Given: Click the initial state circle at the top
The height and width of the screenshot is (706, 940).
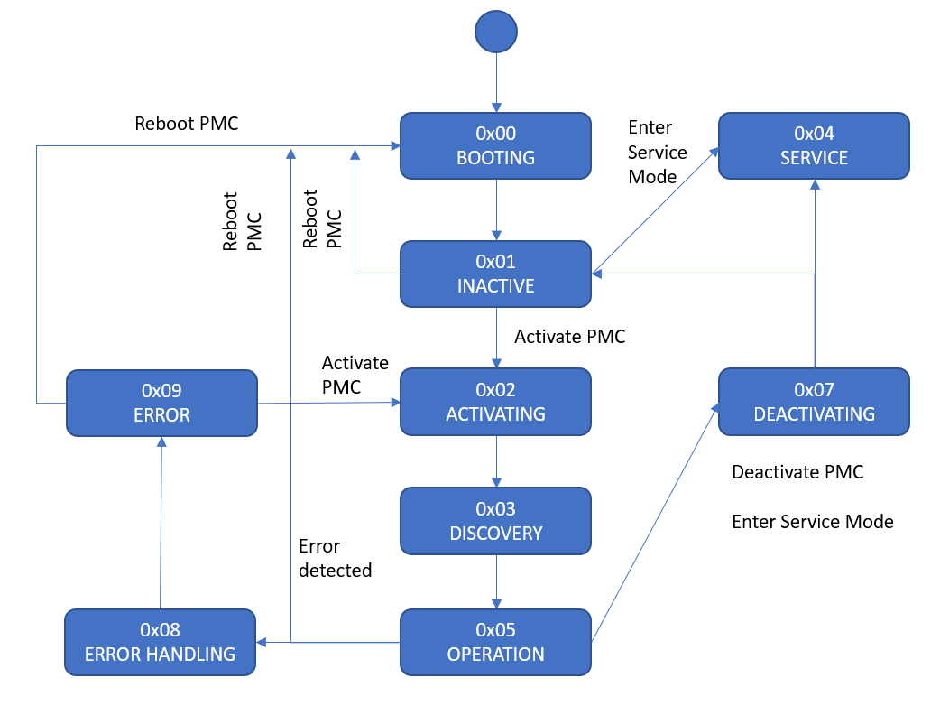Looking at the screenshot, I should point(495,31).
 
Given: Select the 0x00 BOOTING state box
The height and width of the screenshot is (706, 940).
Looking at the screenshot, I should point(495,145).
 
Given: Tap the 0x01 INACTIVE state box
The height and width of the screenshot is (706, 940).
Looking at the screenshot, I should point(495,274).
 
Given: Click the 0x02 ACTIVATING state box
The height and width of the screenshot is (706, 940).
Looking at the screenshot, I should point(495,402).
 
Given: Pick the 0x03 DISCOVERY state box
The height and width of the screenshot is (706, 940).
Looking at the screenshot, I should point(495,521).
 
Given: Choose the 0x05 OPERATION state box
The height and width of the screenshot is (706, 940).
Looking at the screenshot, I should point(495,642).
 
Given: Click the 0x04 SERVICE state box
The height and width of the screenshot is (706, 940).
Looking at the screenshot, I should point(814,145).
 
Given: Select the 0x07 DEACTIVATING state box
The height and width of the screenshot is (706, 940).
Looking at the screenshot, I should point(814,402).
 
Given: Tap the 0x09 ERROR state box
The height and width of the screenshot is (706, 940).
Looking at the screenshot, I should point(161,403).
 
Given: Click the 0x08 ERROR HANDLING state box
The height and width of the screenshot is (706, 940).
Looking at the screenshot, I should point(160,642).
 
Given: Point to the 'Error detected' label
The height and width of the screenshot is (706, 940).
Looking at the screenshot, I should point(335,558).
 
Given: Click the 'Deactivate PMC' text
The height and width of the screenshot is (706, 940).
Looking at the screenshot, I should point(797,472).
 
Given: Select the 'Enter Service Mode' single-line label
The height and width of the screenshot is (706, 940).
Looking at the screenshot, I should point(812,522).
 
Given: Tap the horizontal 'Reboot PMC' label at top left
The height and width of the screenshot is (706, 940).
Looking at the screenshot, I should point(187,124).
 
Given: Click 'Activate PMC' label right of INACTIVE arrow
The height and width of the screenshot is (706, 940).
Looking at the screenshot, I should point(569,337).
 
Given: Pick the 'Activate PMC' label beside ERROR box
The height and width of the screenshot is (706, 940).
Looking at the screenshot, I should point(355,375).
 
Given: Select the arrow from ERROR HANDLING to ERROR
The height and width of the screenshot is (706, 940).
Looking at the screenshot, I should point(161,524).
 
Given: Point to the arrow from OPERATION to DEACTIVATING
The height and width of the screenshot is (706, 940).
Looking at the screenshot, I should point(654,524).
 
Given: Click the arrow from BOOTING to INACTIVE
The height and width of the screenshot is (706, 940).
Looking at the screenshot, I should point(496,209).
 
